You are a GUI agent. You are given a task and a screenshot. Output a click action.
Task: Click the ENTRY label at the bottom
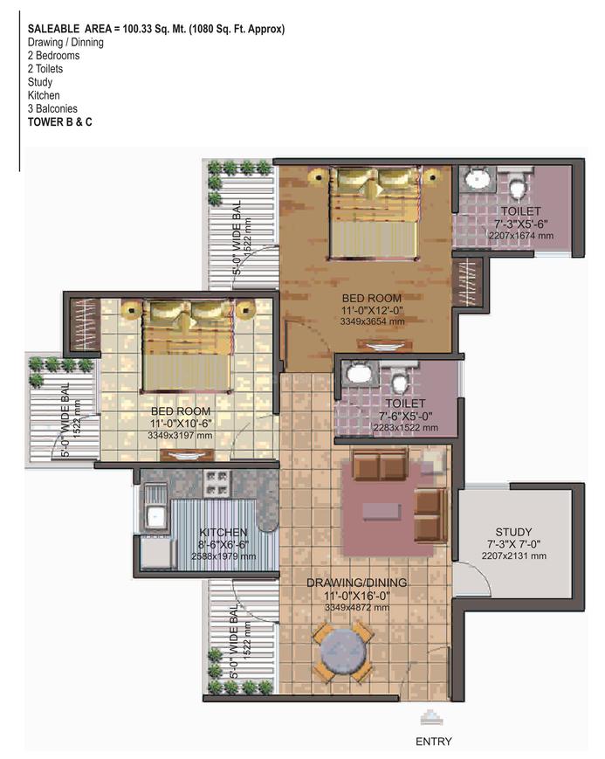[434, 741]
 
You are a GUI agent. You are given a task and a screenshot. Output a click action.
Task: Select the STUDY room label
[513, 532]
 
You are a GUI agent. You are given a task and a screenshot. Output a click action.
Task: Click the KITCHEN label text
[223, 533]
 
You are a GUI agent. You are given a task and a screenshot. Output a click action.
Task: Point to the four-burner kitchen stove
[217, 484]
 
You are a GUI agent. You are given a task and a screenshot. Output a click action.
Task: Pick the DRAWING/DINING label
[357, 583]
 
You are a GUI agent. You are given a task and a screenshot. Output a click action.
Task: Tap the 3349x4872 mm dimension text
[357, 608]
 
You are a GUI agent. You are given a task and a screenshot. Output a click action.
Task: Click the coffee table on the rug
[382, 511]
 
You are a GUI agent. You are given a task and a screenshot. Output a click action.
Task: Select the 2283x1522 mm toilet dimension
[406, 427]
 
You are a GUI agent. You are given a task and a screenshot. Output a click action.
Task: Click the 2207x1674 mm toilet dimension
[521, 236]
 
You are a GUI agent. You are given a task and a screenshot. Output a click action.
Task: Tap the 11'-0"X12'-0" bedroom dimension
[372, 310]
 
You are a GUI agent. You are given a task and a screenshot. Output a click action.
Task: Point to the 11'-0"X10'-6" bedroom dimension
[181, 424]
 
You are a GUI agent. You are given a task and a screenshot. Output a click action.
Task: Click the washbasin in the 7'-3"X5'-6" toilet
[478, 179]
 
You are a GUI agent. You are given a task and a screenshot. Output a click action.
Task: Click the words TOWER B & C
[60, 122]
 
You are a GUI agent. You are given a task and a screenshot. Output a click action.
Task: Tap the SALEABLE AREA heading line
[156, 29]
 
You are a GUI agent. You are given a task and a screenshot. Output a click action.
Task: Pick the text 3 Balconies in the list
[52, 108]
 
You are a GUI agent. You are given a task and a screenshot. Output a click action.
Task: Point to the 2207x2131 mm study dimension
[513, 555]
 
